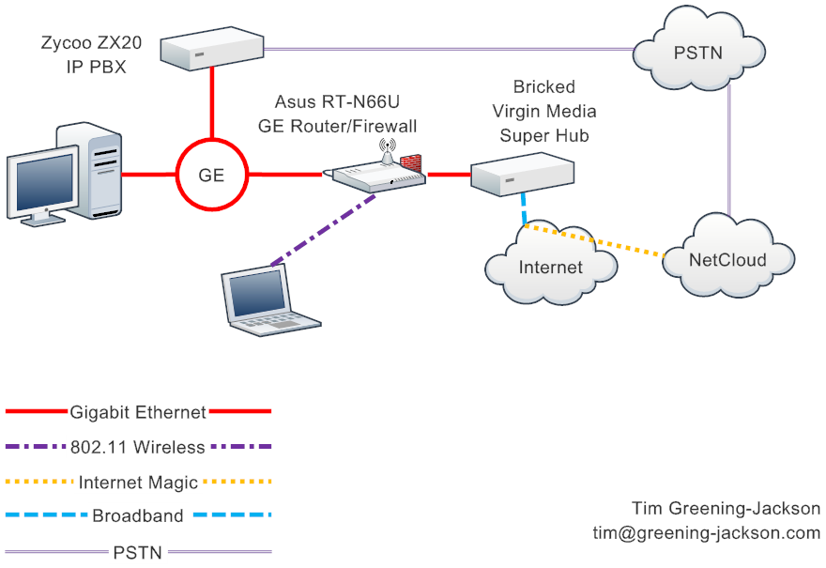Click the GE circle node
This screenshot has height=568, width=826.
pyautogui.click(x=211, y=174)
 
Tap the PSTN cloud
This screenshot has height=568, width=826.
pyautogui.click(x=696, y=51)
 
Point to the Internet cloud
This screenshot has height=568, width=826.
pyautogui.click(x=551, y=266)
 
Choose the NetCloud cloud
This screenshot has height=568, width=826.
pyautogui.click(x=727, y=258)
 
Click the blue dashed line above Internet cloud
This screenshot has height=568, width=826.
pyautogui.click(x=522, y=208)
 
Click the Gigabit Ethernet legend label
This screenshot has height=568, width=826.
pyautogui.click(x=138, y=411)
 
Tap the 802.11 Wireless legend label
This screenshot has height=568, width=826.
pyautogui.click(x=138, y=447)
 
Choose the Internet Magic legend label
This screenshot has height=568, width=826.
pyautogui.click(x=138, y=483)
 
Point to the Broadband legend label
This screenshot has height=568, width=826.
pyautogui.click(x=138, y=515)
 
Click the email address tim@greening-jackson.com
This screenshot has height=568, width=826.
pyautogui.click(x=699, y=533)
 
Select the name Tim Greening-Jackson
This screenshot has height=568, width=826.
pyautogui.click(x=726, y=508)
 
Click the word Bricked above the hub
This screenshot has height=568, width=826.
pyautogui.click(x=544, y=87)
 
